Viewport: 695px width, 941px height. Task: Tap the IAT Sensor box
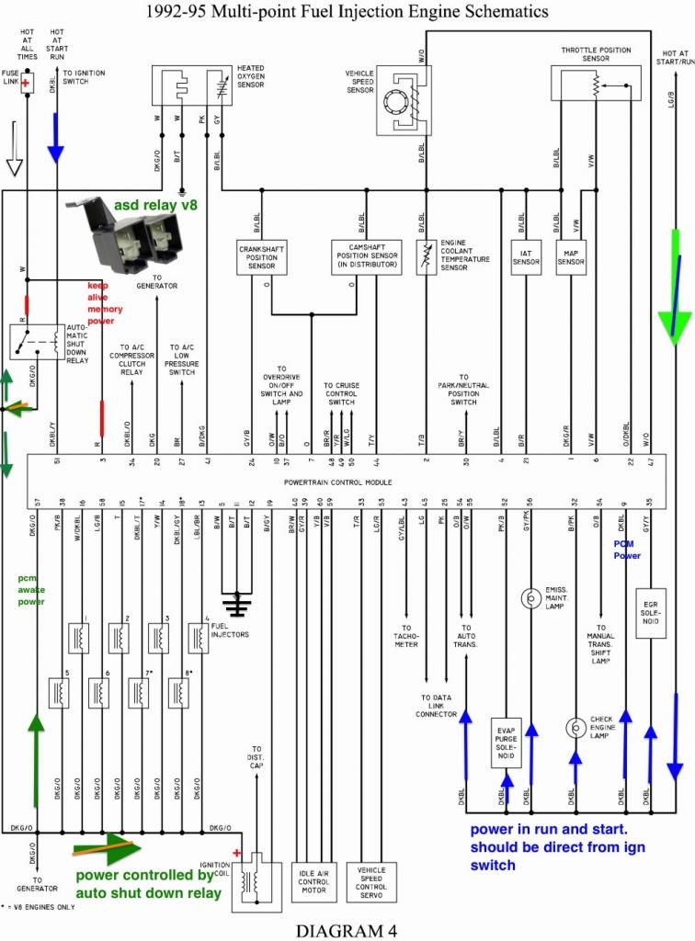pos(525,256)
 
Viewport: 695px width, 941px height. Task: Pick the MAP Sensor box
pos(571,256)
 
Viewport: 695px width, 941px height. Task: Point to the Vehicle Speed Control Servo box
pos(371,883)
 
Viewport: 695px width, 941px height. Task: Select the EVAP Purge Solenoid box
pos(507,742)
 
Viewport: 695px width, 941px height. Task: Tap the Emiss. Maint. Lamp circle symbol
pos(530,597)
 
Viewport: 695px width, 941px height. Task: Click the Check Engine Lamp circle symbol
pos(575,727)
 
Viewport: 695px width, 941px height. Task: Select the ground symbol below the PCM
pos(238,604)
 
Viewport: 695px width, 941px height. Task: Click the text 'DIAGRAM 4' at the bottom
pos(347,929)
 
